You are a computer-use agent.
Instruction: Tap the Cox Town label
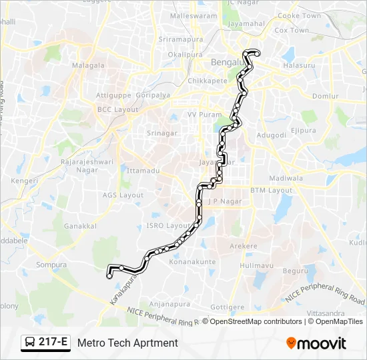pyautogui.click(x=292, y=31)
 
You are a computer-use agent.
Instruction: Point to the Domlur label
pyautogui.click(x=326, y=97)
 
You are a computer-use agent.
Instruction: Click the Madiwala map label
pyautogui.click(x=286, y=178)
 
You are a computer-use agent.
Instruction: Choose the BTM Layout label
pyautogui.click(x=272, y=190)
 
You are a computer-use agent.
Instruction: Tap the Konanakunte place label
pyautogui.click(x=193, y=262)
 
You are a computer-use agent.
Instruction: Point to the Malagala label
pyautogui.click(x=89, y=65)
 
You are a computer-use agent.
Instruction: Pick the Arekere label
pyautogui.click(x=244, y=246)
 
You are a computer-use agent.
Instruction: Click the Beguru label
pyautogui.click(x=295, y=271)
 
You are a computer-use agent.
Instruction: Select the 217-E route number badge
pyautogui.click(x=53, y=343)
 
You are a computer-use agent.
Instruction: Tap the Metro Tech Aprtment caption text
pyautogui.click(x=127, y=343)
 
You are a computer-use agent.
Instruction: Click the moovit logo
pyautogui.click(x=316, y=343)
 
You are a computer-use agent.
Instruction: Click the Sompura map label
pyautogui.click(x=51, y=265)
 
